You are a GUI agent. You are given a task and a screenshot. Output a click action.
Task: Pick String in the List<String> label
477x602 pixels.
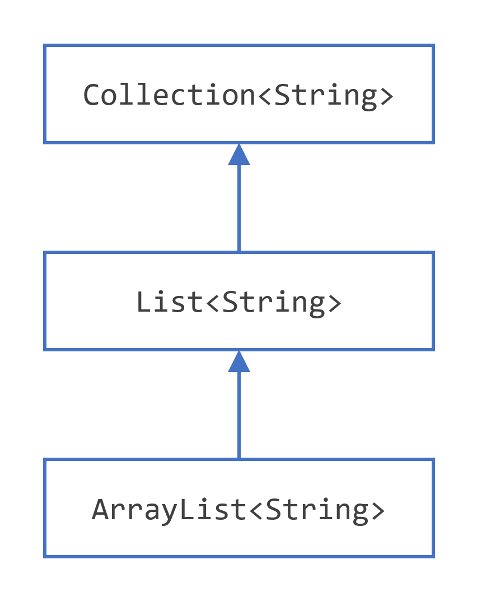(273, 302)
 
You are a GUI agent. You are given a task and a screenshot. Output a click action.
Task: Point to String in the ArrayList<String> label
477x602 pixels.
(317, 510)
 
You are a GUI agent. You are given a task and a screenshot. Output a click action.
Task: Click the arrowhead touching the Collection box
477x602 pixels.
(239, 154)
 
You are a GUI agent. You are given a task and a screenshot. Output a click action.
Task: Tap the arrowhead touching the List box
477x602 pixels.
(239, 361)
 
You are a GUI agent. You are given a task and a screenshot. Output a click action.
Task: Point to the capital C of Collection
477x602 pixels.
(92, 95)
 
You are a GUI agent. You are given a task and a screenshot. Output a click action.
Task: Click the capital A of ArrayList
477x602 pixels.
(100, 510)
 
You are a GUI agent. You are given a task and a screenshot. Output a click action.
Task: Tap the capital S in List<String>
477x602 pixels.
(230, 302)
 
